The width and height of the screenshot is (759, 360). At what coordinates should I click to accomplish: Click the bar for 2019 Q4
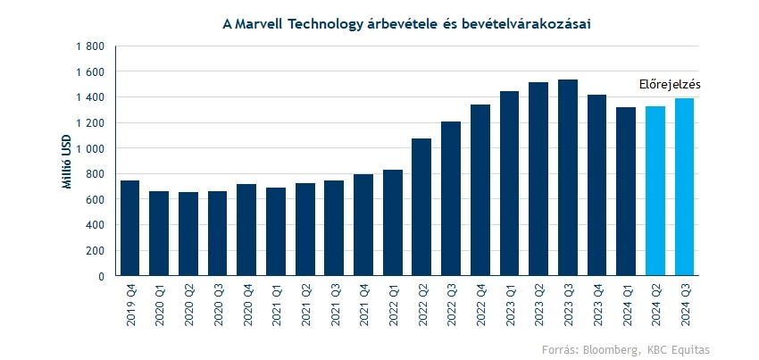click(x=129, y=228)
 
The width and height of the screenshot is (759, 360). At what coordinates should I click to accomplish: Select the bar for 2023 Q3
click(x=568, y=178)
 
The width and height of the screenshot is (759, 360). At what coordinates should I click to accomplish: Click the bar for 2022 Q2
click(x=421, y=207)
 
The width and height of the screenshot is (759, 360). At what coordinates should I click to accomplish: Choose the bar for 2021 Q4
click(x=363, y=225)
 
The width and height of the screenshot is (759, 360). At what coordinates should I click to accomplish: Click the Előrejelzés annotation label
click(x=670, y=84)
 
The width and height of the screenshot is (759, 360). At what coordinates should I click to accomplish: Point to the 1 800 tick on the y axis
click(x=91, y=46)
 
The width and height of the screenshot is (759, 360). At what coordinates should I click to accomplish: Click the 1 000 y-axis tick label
click(x=91, y=148)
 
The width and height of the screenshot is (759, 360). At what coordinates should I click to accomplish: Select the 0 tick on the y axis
click(x=101, y=276)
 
